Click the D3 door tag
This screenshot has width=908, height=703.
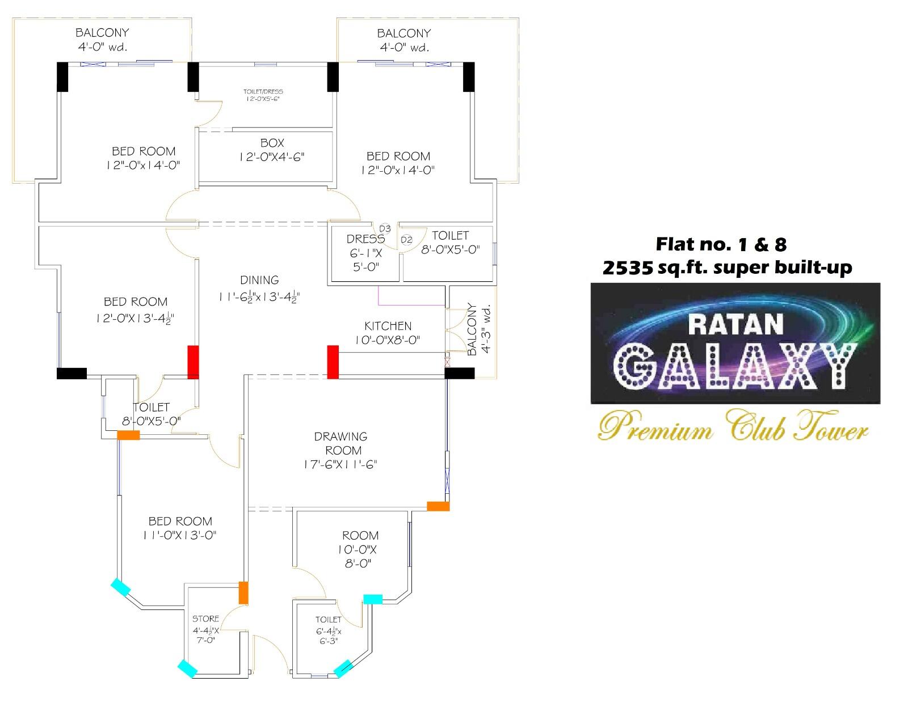click(x=385, y=228)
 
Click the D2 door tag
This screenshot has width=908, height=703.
click(x=406, y=240)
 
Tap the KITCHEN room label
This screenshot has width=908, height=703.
click(x=388, y=326)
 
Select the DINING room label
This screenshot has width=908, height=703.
click(x=259, y=280)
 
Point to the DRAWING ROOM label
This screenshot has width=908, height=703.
click(x=341, y=443)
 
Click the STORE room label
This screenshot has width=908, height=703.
click(x=205, y=619)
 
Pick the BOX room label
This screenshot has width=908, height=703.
click(x=272, y=143)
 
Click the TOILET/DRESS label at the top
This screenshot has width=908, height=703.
click(x=263, y=91)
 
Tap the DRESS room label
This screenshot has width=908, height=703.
click(x=365, y=239)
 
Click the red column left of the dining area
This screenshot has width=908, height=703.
click(x=194, y=362)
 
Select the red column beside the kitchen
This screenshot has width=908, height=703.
click(x=333, y=362)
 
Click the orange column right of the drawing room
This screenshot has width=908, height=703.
click(x=438, y=506)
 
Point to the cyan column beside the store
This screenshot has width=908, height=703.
click(x=187, y=668)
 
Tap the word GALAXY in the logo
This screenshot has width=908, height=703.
click(x=735, y=367)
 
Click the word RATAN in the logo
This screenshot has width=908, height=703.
click(x=735, y=324)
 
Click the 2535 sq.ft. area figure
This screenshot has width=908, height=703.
click(x=627, y=267)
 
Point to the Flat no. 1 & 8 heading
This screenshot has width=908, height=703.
click(x=721, y=244)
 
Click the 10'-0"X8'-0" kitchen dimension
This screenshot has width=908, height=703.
click(x=388, y=340)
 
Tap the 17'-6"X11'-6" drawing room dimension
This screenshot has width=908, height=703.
click(x=340, y=465)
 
